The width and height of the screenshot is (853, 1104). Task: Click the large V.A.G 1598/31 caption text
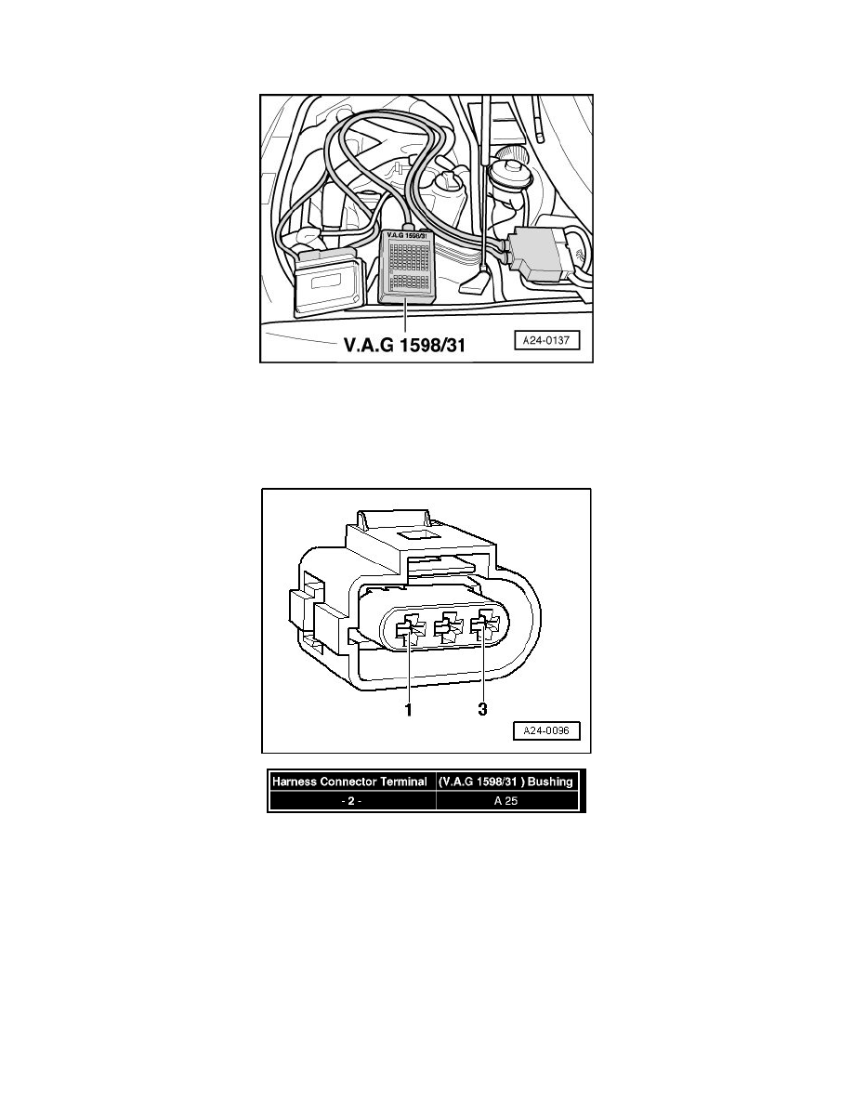404,345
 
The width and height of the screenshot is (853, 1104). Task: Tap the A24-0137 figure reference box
546,341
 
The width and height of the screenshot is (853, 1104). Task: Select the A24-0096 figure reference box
546,730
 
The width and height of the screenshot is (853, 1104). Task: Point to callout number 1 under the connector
408,709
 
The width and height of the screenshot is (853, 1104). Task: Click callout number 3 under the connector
483,709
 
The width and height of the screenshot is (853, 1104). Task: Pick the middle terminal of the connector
447,628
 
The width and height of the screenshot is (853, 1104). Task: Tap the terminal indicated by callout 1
408,628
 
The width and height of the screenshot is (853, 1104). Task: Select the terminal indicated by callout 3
485,628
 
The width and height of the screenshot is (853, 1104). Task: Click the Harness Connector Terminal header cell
349,782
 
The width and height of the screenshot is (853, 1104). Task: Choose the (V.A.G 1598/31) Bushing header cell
506,782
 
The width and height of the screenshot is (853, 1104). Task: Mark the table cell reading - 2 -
349,800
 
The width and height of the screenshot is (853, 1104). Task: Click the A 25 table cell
506,800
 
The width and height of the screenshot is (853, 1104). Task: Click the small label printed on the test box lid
408,235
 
